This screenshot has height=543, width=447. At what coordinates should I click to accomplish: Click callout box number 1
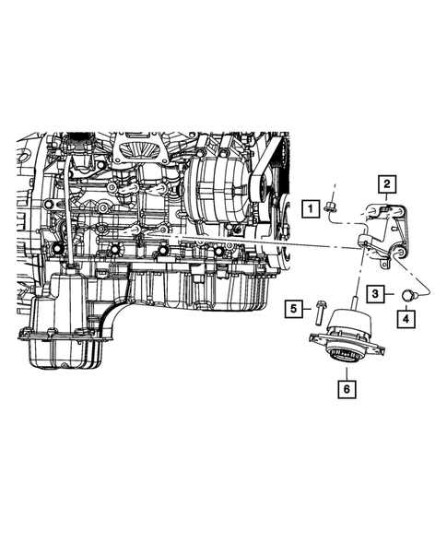(313, 209)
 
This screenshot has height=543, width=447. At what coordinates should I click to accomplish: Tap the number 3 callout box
(378, 293)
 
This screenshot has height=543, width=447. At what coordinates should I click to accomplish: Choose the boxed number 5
(292, 309)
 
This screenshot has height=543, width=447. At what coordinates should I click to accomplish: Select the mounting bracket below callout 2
(387, 230)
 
